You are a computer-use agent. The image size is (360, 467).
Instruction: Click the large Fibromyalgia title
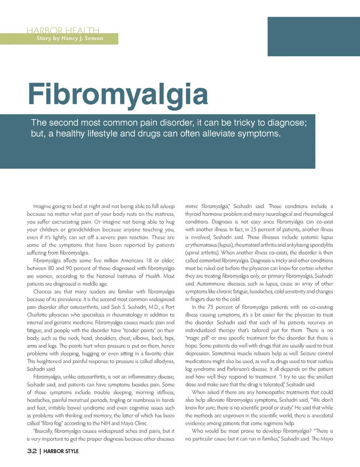[118, 95]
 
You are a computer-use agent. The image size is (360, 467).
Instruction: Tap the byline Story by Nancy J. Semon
[70, 38]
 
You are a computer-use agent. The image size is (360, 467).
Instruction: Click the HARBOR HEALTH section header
[63, 30]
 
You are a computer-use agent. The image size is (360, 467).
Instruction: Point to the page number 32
[32, 451]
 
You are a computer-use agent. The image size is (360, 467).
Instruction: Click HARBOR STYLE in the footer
[61, 451]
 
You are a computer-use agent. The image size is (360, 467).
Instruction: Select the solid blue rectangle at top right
[313, 36]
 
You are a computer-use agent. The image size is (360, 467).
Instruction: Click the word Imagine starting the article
[42, 206]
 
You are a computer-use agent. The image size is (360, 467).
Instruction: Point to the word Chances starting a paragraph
[42, 291]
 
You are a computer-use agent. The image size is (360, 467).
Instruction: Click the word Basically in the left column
[43, 431]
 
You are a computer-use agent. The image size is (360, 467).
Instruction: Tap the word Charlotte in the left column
[37, 315]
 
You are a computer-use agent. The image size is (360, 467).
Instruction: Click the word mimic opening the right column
[192, 206]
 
